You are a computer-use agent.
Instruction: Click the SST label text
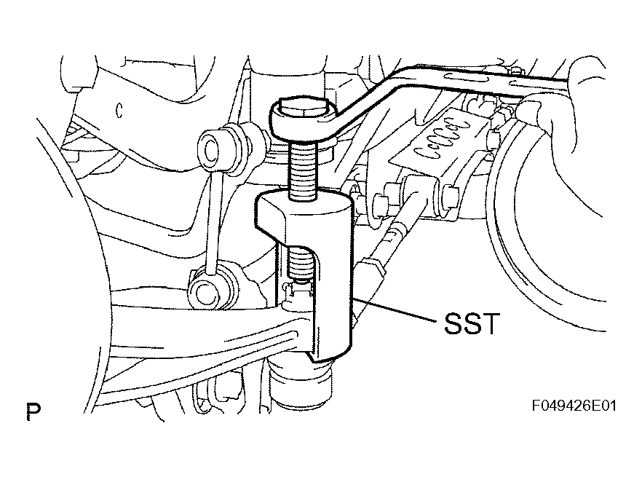(472, 324)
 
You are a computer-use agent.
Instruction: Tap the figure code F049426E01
(574, 406)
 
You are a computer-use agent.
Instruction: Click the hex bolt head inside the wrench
(302, 108)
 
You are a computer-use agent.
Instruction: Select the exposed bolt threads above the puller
(304, 172)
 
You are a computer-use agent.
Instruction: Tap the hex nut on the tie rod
(371, 269)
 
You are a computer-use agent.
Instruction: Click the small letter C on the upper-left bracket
(119, 111)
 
